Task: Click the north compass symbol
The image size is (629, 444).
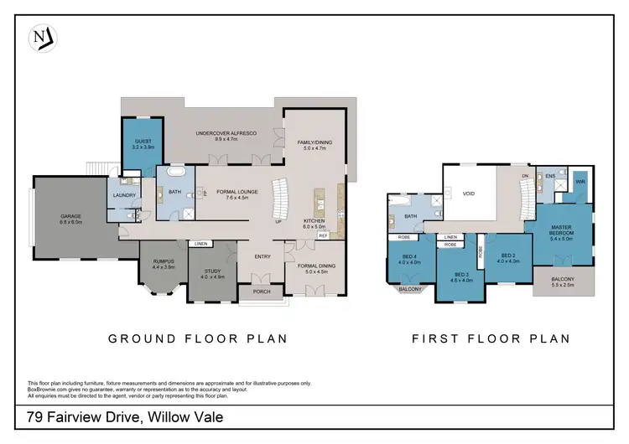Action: [x=42, y=37]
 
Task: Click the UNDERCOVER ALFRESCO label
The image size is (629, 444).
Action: [x=226, y=134]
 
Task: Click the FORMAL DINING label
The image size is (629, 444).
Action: [x=315, y=266]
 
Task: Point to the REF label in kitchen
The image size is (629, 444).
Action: [x=322, y=236]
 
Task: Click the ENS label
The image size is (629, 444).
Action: [x=550, y=176]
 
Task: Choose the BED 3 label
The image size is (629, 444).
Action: [x=461, y=275]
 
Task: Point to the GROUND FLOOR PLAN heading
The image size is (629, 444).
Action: [x=198, y=339]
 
